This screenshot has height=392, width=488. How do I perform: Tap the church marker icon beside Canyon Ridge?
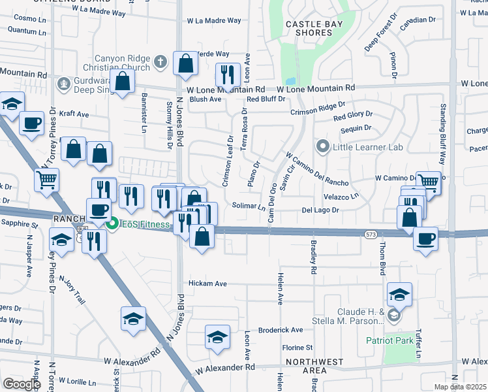tap(161, 63)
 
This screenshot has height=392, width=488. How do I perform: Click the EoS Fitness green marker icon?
tap(112, 224)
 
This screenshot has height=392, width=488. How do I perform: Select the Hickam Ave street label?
tap(207, 284)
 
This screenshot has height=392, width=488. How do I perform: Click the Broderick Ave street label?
tap(281, 330)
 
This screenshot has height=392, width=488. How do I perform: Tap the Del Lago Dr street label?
tap(321, 210)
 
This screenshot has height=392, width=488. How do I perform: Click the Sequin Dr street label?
tap(359, 129)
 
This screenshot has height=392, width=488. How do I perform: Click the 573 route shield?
tap(371, 233)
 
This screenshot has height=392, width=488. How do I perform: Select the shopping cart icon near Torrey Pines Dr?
tap(46, 180)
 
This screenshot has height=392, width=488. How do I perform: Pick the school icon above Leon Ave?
tap(217, 336)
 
